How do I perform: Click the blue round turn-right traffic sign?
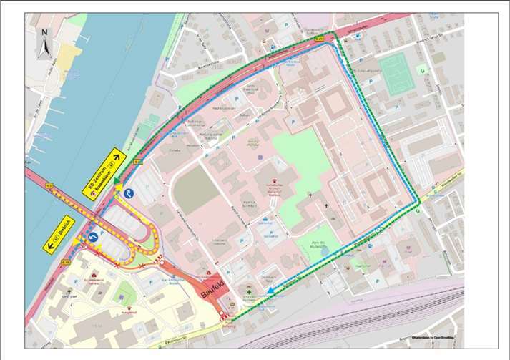(x=129, y=193)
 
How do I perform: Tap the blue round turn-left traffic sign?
(x=92, y=237)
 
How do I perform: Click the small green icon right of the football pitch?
(x=421, y=69)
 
